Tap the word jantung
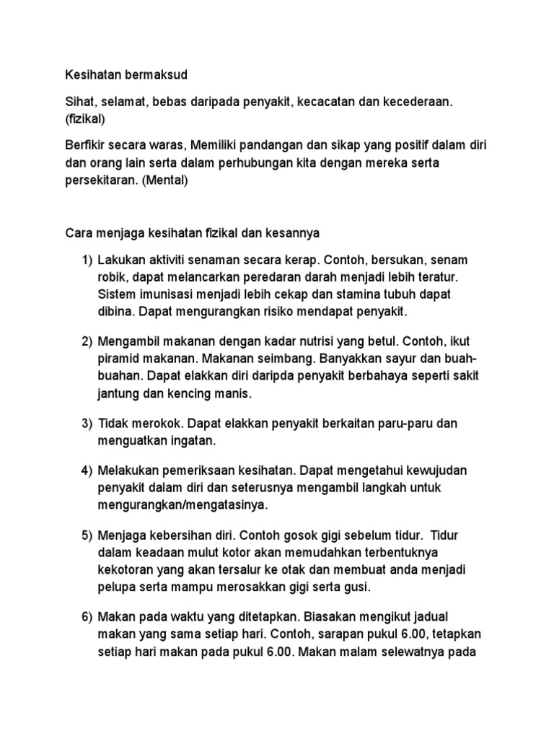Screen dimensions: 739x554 tap(120, 394)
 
